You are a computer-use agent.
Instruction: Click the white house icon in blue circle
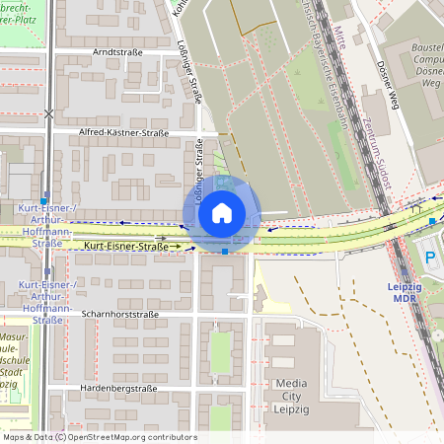222,212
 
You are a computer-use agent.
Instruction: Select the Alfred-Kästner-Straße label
124,132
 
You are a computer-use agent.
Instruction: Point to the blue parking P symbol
430,259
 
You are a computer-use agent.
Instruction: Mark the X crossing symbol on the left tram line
49,113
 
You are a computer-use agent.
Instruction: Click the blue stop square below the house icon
226,252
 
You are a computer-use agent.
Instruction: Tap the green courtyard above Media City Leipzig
220,351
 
